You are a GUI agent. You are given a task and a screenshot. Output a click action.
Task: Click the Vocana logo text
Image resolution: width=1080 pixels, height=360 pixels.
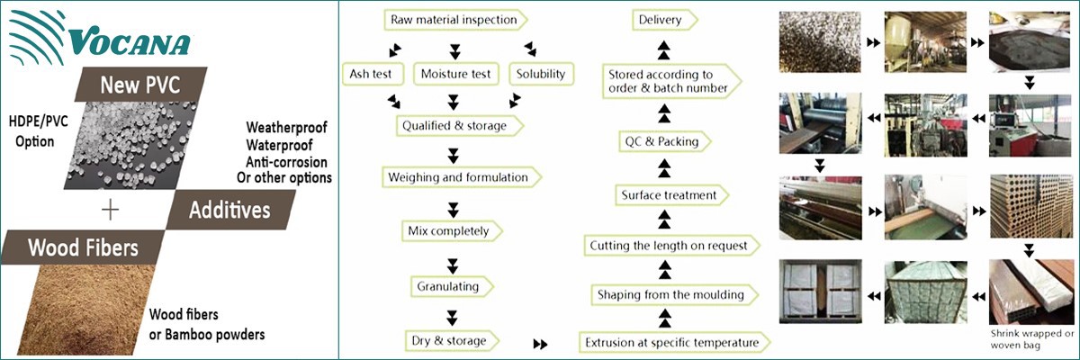coord(130,42)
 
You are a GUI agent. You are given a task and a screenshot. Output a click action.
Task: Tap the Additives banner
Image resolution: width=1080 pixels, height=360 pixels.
coord(230,210)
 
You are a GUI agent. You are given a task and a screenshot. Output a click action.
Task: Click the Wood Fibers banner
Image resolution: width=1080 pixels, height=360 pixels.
coord(83,247)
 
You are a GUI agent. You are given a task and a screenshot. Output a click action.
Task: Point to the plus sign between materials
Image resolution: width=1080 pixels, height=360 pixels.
coord(110,210)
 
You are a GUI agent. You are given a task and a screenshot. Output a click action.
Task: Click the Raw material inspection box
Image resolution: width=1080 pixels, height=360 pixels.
coord(454,19)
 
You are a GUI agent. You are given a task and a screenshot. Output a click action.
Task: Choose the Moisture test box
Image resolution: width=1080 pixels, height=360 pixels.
coord(456,74)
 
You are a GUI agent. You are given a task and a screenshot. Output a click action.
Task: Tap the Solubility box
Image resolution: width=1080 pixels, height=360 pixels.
coord(541,74)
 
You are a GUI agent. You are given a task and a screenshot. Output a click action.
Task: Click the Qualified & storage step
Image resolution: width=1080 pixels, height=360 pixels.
coord(459,126)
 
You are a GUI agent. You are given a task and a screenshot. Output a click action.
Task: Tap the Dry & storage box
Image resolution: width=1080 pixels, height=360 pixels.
coord(451,341)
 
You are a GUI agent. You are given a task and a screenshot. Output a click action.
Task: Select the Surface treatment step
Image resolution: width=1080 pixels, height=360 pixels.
coord(669,195)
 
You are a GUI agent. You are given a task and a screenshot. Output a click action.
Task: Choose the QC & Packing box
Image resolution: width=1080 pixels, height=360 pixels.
coord(661,141)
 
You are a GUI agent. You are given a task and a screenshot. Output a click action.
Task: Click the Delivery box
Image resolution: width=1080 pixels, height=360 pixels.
coord(660,20)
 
